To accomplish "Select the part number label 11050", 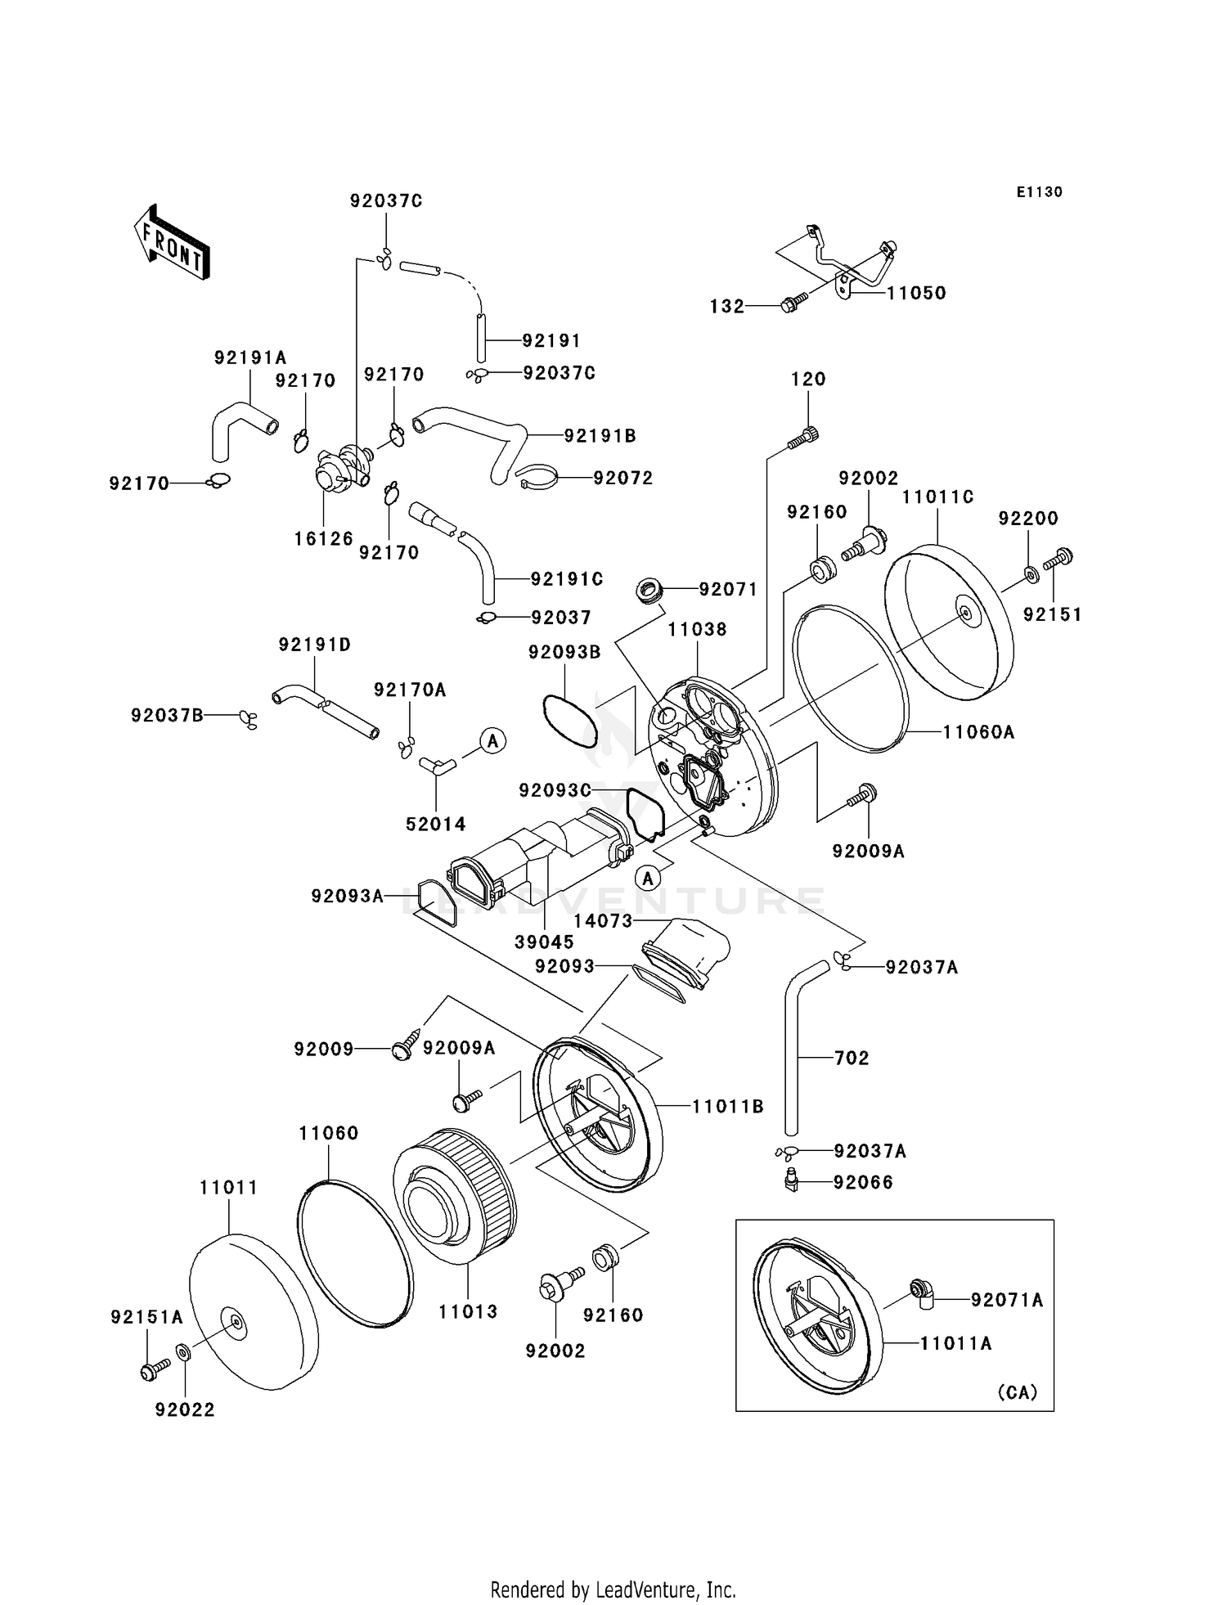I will (x=916, y=293).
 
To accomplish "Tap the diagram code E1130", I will (x=1039, y=192).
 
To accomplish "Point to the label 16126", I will (x=324, y=538).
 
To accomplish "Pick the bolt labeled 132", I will (x=792, y=304).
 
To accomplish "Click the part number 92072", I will (x=623, y=478).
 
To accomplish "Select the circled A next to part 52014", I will (x=492, y=741).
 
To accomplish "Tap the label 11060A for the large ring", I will (x=978, y=732).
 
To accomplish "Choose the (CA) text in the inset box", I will (x=1017, y=1391).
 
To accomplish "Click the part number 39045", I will (x=544, y=942).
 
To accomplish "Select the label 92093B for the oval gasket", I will (x=564, y=652).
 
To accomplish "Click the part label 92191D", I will (x=314, y=645).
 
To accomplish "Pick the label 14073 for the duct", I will (x=603, y=920).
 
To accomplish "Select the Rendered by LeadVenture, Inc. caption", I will (x=613, y=1589).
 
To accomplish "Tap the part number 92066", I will (x=863, y=1182).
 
